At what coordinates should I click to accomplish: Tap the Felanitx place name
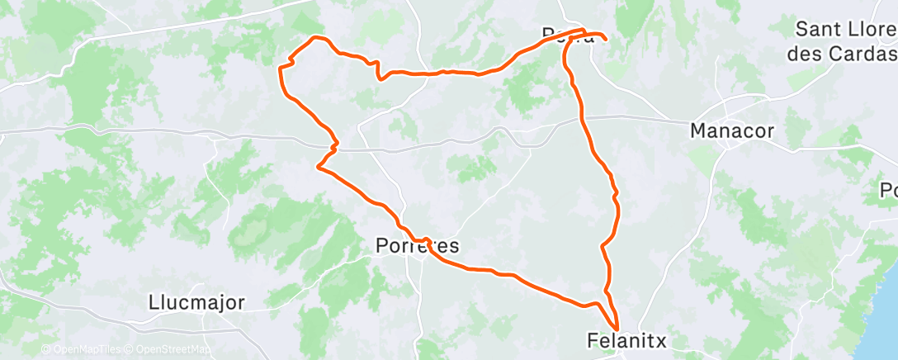coord(626,339)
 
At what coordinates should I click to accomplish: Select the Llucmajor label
coord(197,302)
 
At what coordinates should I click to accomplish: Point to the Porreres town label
coord(417,246)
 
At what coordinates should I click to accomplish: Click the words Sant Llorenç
coord(845,31)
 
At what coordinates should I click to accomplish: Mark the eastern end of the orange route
coord(606,39)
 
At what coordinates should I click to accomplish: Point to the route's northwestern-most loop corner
coord(314,38)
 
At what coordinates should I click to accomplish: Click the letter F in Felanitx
coord(593,339)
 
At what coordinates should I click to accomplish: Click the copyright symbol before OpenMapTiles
coord(46,350)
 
